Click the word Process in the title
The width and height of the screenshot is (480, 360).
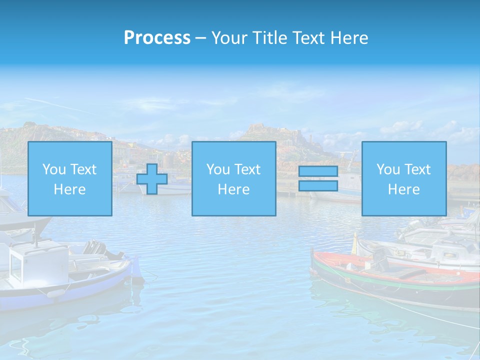[157, 38]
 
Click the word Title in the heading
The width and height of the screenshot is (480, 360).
[268, 38]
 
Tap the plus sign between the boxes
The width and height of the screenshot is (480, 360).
[152, 179]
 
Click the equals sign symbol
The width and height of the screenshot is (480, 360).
[318, 179]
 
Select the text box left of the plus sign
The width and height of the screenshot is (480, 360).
[69, 179]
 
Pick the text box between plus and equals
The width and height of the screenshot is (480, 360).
[233, 179]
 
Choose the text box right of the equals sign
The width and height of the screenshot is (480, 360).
[403, 179]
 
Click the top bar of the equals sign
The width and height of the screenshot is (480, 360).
[318, 171]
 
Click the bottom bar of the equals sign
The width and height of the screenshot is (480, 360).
[318, 186]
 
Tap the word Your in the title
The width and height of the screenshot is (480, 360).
[228, 38]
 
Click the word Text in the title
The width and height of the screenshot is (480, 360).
[307, 38]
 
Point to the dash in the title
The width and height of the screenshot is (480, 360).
[201, 38]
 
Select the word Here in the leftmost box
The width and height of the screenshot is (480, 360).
[69, 189]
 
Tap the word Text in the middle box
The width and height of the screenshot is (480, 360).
[247, 169]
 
